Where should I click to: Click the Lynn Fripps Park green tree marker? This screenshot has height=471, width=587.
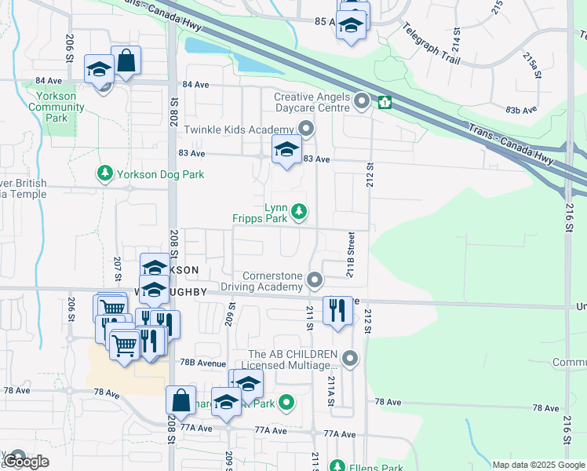coord(299,210)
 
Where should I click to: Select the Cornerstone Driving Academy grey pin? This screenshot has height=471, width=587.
coord(315,279)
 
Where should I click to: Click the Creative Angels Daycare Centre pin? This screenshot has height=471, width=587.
coord(362,100)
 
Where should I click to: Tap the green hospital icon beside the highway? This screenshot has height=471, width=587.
coord(385,102)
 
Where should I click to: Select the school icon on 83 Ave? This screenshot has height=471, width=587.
coord(286,149)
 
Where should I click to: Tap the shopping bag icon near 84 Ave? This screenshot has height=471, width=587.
coord(126,60)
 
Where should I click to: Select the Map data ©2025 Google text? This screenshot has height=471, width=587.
coord(538,465)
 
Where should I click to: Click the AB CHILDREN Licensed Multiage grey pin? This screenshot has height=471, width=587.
coord(350,359)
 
